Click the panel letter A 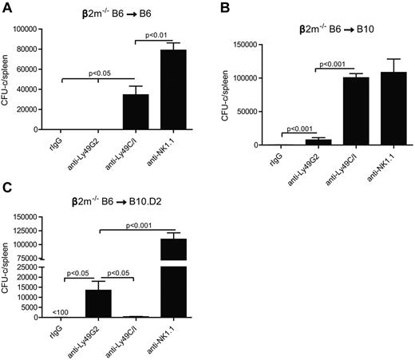[6, 7]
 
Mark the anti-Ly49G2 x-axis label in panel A [93, 150]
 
